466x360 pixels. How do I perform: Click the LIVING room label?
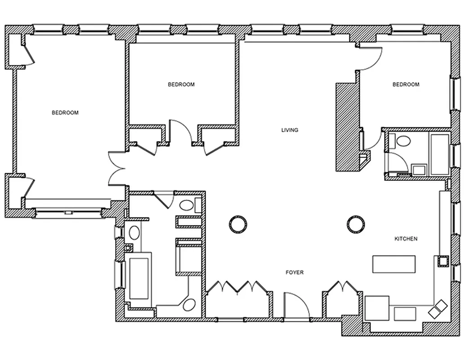[x=290, y=130]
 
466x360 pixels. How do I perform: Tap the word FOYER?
[x=295, y=272]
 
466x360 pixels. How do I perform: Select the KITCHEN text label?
[x=406, y=238]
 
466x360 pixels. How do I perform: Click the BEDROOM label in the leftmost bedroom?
[x=65, y=112]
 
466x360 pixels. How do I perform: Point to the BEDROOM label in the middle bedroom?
[x=181, y=85]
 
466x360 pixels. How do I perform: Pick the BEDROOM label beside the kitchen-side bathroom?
[x=406, y=85]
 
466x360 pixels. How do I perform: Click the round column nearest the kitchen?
[x=355, y=224]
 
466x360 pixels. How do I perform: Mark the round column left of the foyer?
[x=238, y=224]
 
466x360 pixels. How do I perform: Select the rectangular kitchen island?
[x=394, y=264]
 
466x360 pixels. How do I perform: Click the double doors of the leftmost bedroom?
[x=116, y=169]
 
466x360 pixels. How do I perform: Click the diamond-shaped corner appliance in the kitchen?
[x=438, y=309]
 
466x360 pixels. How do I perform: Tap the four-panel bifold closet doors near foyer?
[x=237, y=286]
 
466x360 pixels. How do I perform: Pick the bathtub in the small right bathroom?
[x=440, y=154]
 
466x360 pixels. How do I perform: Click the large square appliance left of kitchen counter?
[x=377, y=308]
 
